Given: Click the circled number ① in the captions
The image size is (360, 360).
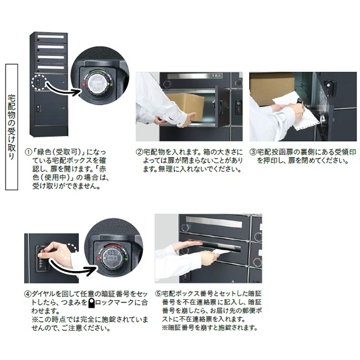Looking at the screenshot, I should coord(29,152).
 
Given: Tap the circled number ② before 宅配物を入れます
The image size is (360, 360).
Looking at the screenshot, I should coord(139,152).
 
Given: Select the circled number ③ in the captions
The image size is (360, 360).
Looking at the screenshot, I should coord(253,152).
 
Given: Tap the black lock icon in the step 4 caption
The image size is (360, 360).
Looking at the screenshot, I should coord(91,302).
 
